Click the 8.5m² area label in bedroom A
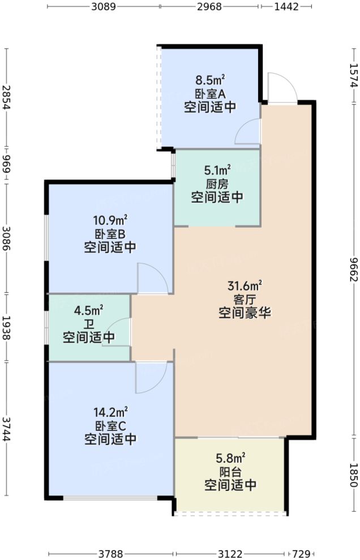tap(210, 79)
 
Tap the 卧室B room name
tap(110, 233)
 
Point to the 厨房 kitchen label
tap(217, 183)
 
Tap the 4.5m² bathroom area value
tap(89, 310)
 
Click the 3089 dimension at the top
tap(103, 7)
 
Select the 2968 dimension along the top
tap(209, 7)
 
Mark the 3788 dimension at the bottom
tap(112, 553)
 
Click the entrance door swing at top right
tap(281, 89)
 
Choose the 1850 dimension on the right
tap(353, 474)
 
